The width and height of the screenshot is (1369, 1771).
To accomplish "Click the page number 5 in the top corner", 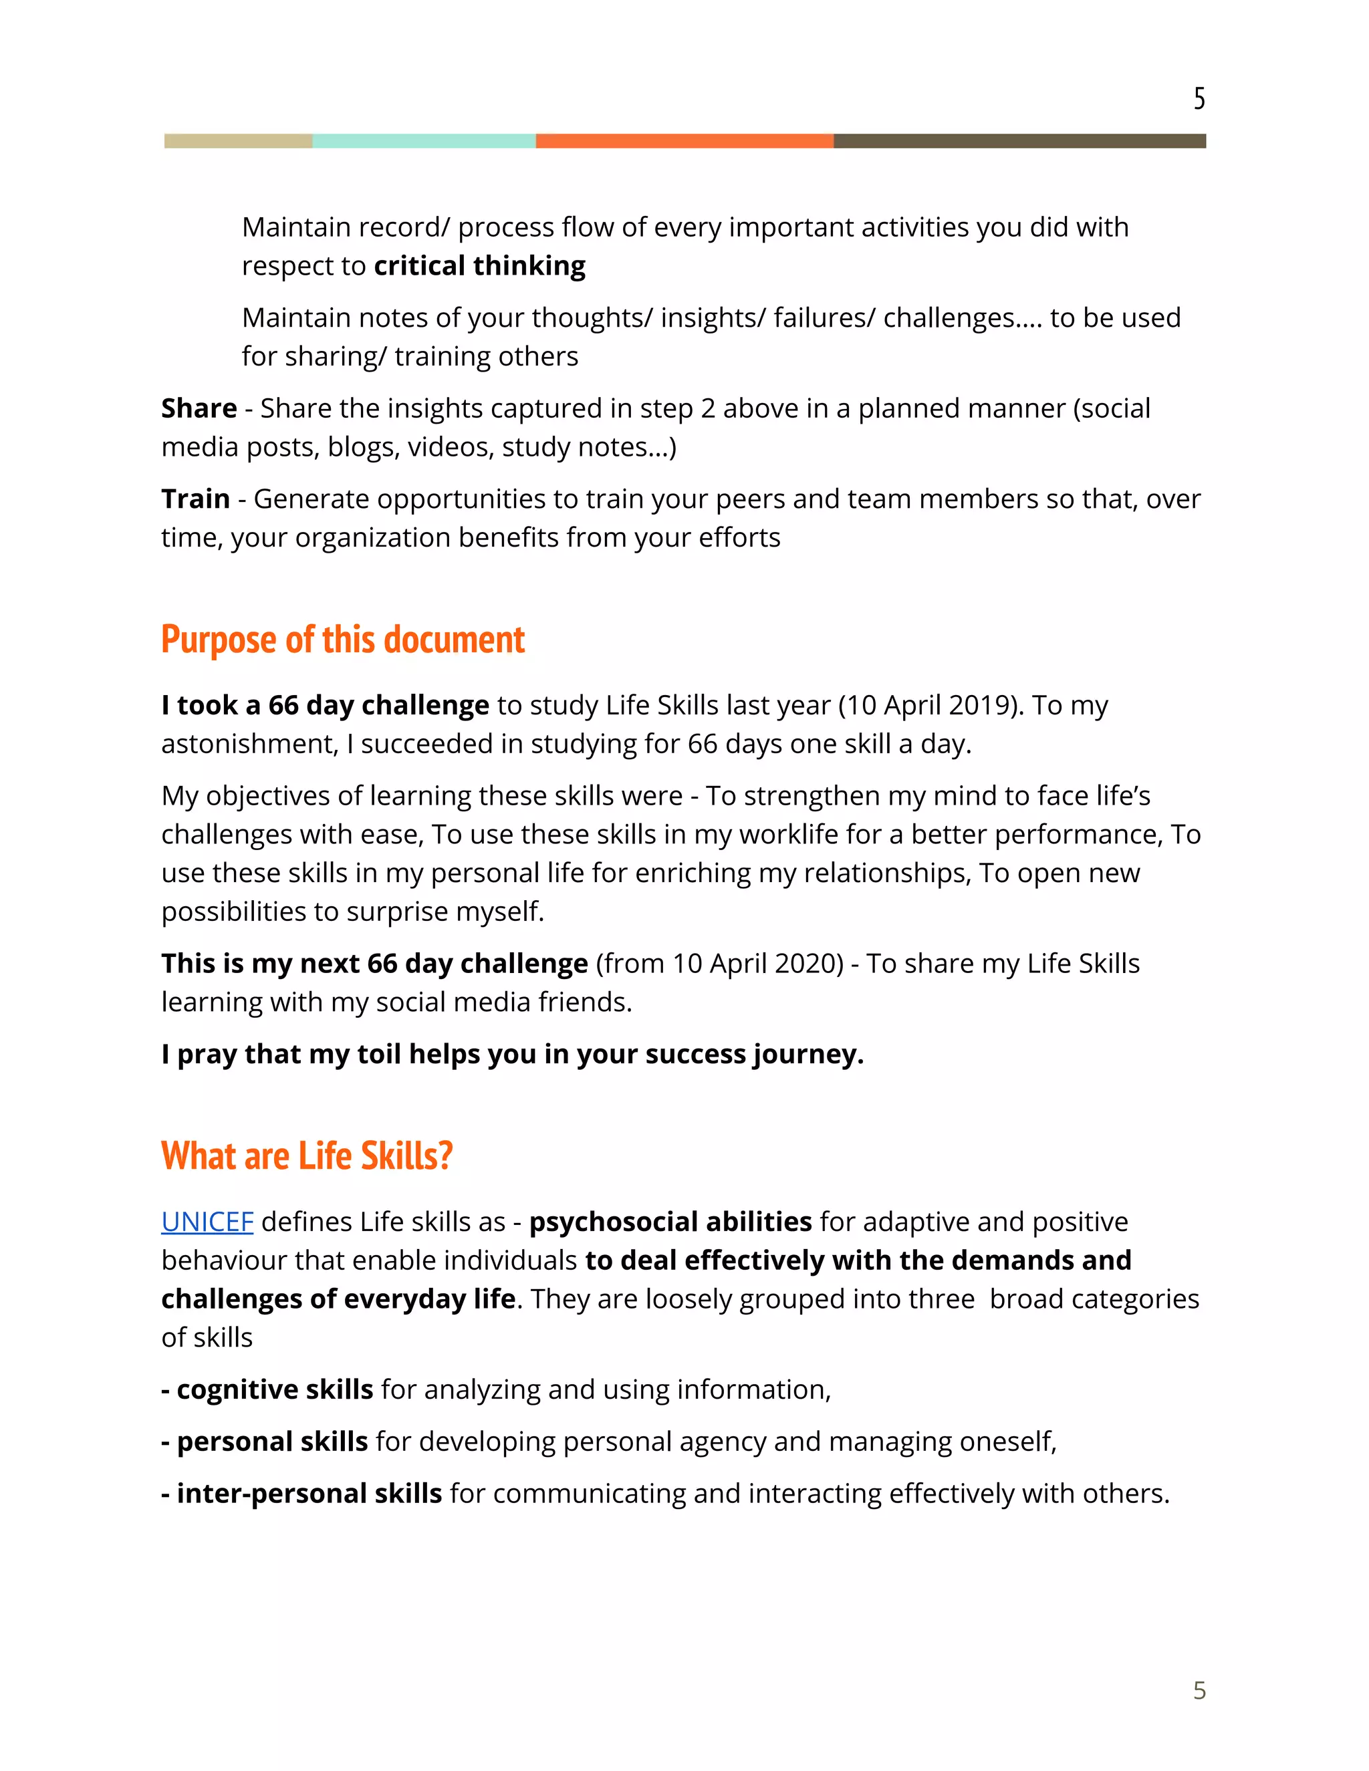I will pos(1199,99).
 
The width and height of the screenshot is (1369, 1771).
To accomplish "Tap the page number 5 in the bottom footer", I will pos(1199,1690).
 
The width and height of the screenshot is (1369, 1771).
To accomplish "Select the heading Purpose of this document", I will pos(342,640).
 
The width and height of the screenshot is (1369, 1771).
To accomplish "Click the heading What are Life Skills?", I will pos(307,1155).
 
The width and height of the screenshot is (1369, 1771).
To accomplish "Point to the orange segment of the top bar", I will pos(684,141).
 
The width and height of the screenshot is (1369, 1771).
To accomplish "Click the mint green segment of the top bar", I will pos(423,141).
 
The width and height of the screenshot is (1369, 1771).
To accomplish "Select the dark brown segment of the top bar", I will pos(1019,141).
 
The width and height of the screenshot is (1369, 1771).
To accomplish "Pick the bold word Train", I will pos(195,499).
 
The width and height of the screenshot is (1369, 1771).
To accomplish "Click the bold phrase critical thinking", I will pos(479,266).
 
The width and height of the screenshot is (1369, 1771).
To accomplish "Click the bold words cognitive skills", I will pos(274,1390).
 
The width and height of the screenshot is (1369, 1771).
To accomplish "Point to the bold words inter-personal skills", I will pos(309,1494).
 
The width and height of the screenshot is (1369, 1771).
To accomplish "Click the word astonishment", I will pos(248,744).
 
